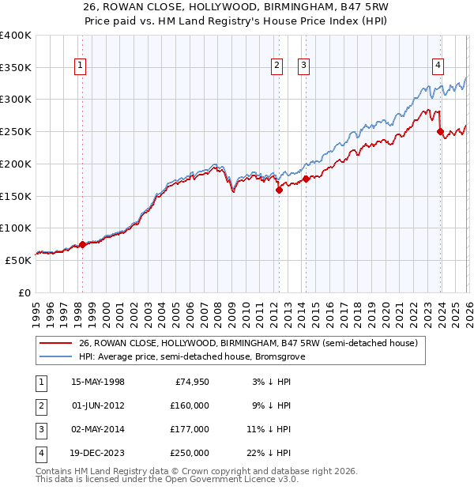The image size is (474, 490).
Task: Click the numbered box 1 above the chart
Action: pyautogui.click(x=81, y=66)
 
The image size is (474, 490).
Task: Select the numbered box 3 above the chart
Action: pyautogui.click(x=304, y=66)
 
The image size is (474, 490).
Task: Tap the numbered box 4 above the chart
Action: pyautogui.click(x=438, y=66)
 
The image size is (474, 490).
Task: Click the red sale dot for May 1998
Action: pyautogui.click(x=82, y=244)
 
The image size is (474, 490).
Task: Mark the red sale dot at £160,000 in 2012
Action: pyautogui.click(x=279, y=190)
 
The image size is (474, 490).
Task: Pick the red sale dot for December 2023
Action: pyautogui.click(x=440, y=132)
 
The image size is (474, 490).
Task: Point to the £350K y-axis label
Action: pyautogui.click(x=16, y=68)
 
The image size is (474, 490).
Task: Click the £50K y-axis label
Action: pyautogui.click(x=19, y=260)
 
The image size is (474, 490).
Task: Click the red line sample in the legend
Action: pyautogui.click(x=56, y=343)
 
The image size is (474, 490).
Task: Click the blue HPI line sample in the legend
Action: pyautogui.click(x=56, y=356)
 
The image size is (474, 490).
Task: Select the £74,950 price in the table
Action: pyautogui.click(x=190, y=383)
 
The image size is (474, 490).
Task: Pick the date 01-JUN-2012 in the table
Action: pyautogui.click(x=98, y=405)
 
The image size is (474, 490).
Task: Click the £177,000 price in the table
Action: pyautogui.click(x=190, y=429)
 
